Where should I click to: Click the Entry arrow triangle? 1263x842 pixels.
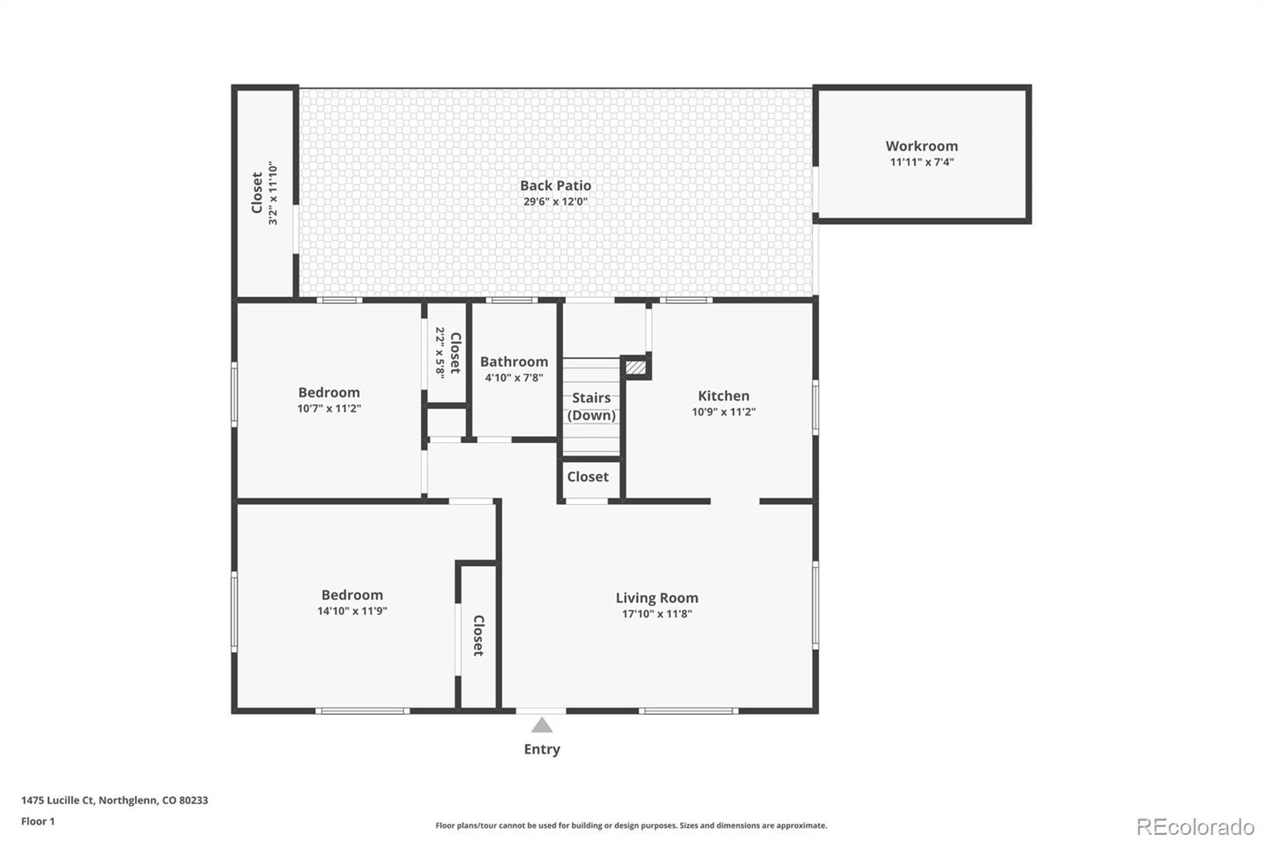click(542, 725)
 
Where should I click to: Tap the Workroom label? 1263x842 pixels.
click(921, 146)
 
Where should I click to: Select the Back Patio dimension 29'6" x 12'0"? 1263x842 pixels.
click(555, 201)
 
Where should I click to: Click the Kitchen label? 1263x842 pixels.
click(723, 396)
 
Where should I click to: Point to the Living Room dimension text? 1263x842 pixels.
click(657, 614)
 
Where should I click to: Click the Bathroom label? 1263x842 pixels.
click(514, 362)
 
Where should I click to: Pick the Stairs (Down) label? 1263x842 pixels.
click(591, 406)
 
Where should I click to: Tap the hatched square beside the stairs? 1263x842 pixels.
click(635, 367)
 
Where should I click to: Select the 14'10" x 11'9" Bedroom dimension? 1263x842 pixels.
click(352, 611)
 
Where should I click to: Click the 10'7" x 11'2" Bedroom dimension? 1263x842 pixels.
click(329, 408)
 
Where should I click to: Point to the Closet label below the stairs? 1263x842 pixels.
click(587, 476)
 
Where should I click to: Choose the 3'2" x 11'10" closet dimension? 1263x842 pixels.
click(273, 194)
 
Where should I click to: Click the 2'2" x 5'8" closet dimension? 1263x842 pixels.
click(440, 352)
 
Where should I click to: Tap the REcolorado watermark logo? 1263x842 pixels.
click(1194, 827)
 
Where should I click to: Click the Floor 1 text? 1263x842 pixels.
click(38, 821)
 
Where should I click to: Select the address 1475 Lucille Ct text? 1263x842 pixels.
click(114, 800)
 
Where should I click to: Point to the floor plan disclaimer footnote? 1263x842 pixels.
click(631, 825)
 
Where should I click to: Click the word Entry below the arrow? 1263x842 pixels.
click(542, 749)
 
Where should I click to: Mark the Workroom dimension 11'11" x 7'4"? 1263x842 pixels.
click(921, 162)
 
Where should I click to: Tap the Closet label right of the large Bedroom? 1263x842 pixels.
click(478, 636)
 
